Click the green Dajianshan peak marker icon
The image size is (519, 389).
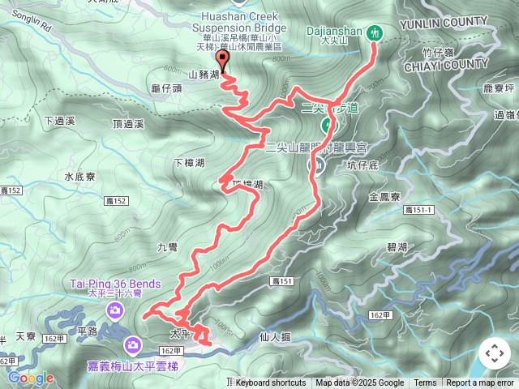(375, 32)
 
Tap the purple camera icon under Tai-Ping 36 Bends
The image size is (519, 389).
(115, 311)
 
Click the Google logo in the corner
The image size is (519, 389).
(31, 378)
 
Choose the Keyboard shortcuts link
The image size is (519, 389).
(271, 383)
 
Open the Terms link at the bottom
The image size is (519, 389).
(425, 383)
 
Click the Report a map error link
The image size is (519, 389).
(479, 383)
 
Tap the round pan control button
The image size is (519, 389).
(494, 353)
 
